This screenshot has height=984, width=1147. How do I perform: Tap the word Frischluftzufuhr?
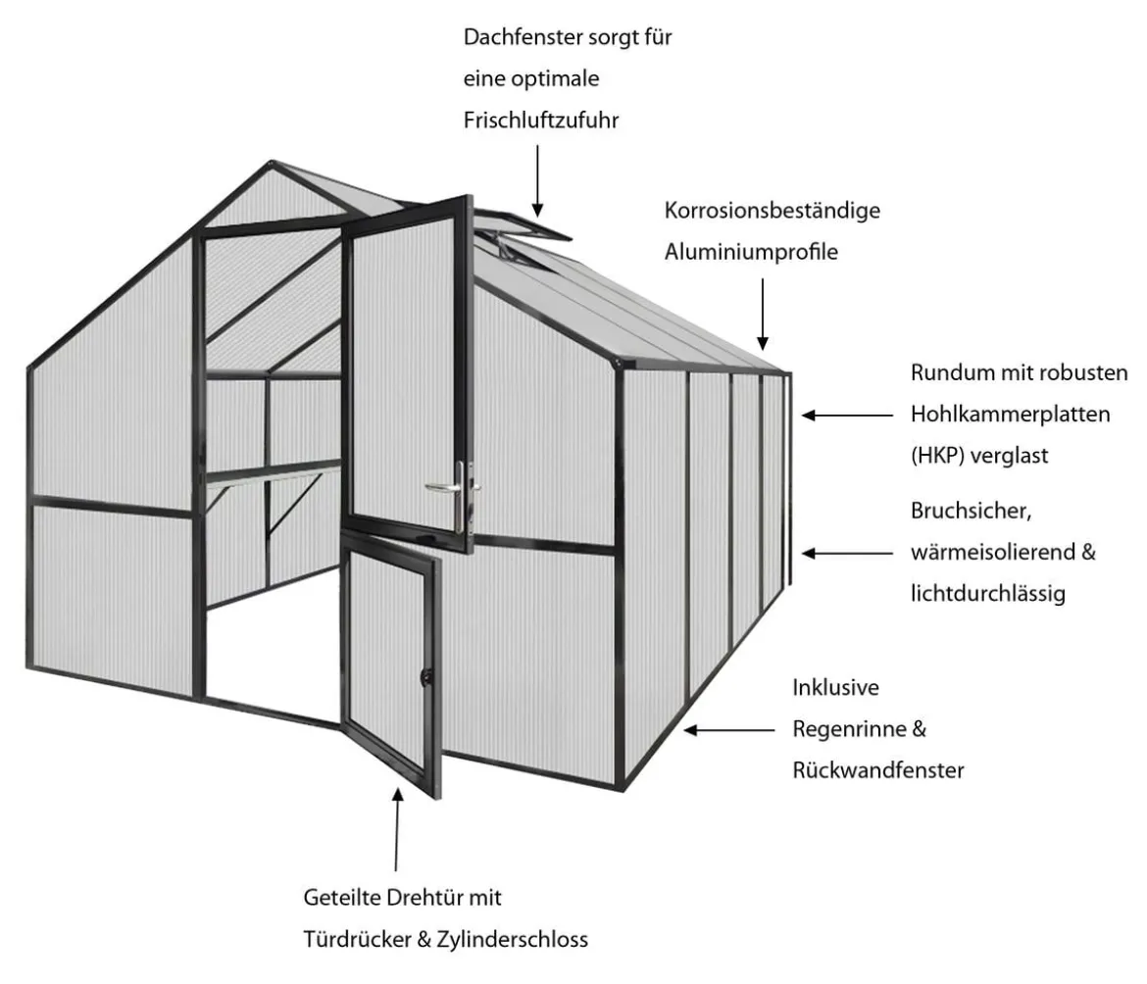(541, 120)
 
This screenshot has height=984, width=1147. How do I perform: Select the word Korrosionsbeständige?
(773, 211)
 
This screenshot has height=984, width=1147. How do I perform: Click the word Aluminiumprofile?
(751, 252)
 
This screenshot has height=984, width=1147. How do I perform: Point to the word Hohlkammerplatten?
(1010, 415)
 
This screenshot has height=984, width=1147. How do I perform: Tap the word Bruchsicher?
(971, 511)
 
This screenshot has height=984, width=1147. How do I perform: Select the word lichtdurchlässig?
(987, 593)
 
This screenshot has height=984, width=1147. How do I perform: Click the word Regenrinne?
(849, 729)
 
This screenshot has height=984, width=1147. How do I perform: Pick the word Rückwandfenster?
(878, 769)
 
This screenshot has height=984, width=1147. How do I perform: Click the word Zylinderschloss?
(512, 939)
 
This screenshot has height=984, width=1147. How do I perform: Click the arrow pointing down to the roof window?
(537, 180)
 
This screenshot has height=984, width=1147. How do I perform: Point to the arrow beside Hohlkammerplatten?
(847, 416)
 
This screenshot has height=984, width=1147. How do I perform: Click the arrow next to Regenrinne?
(729, 729)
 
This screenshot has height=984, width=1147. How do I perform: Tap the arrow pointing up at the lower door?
(397, 829)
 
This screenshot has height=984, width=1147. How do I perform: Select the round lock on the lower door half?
(425, 677)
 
